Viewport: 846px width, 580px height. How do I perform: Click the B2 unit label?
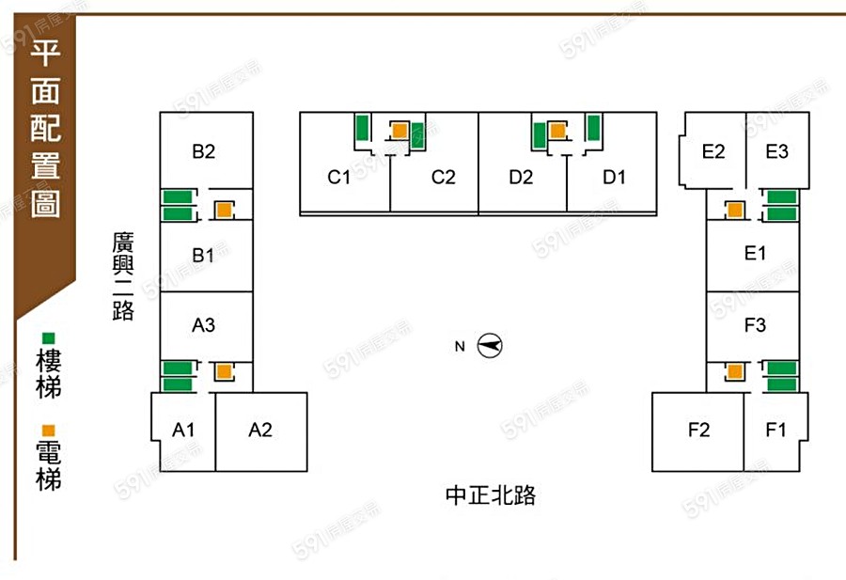[204, 151]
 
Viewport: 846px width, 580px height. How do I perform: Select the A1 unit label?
[183, 430]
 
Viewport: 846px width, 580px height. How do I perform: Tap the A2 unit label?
[260, 430]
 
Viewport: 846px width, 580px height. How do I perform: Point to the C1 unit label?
[339, 177]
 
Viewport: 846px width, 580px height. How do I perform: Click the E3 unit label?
[776, 151]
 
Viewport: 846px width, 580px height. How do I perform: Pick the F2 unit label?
[697, 430]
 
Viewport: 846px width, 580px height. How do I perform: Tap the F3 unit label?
[755, 325]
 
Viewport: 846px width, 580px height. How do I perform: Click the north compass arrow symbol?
[490, 346]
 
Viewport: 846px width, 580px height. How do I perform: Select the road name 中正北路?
[491, 495]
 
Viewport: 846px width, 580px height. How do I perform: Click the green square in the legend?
[48, 337]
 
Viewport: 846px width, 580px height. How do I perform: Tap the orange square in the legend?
[48, 430]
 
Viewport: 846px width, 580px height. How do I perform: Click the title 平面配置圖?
[45, 131]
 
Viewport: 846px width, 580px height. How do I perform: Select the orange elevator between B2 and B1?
[224, 211]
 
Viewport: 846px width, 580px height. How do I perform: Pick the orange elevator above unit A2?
[224, 371]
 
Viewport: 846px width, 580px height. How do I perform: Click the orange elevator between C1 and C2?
[399, 131]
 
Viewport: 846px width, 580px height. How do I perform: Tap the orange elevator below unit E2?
[734, 211]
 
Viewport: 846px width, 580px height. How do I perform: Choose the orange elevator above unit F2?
[734, 372]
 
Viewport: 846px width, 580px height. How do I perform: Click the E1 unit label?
[755, 253]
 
